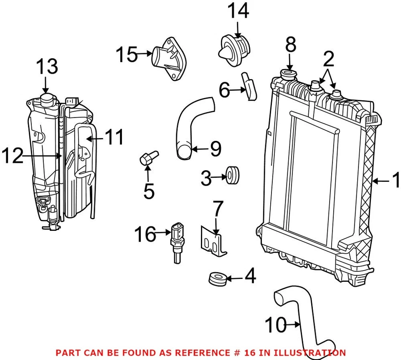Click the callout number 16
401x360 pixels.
tap(145, 235)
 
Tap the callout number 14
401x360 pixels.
tap(238, 12)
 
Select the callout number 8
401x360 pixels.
tap(291, 45)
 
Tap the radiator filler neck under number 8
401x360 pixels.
tap(289, 76)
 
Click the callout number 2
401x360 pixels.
tap(328, 60)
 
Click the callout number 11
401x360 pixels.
tap(114, 138)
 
